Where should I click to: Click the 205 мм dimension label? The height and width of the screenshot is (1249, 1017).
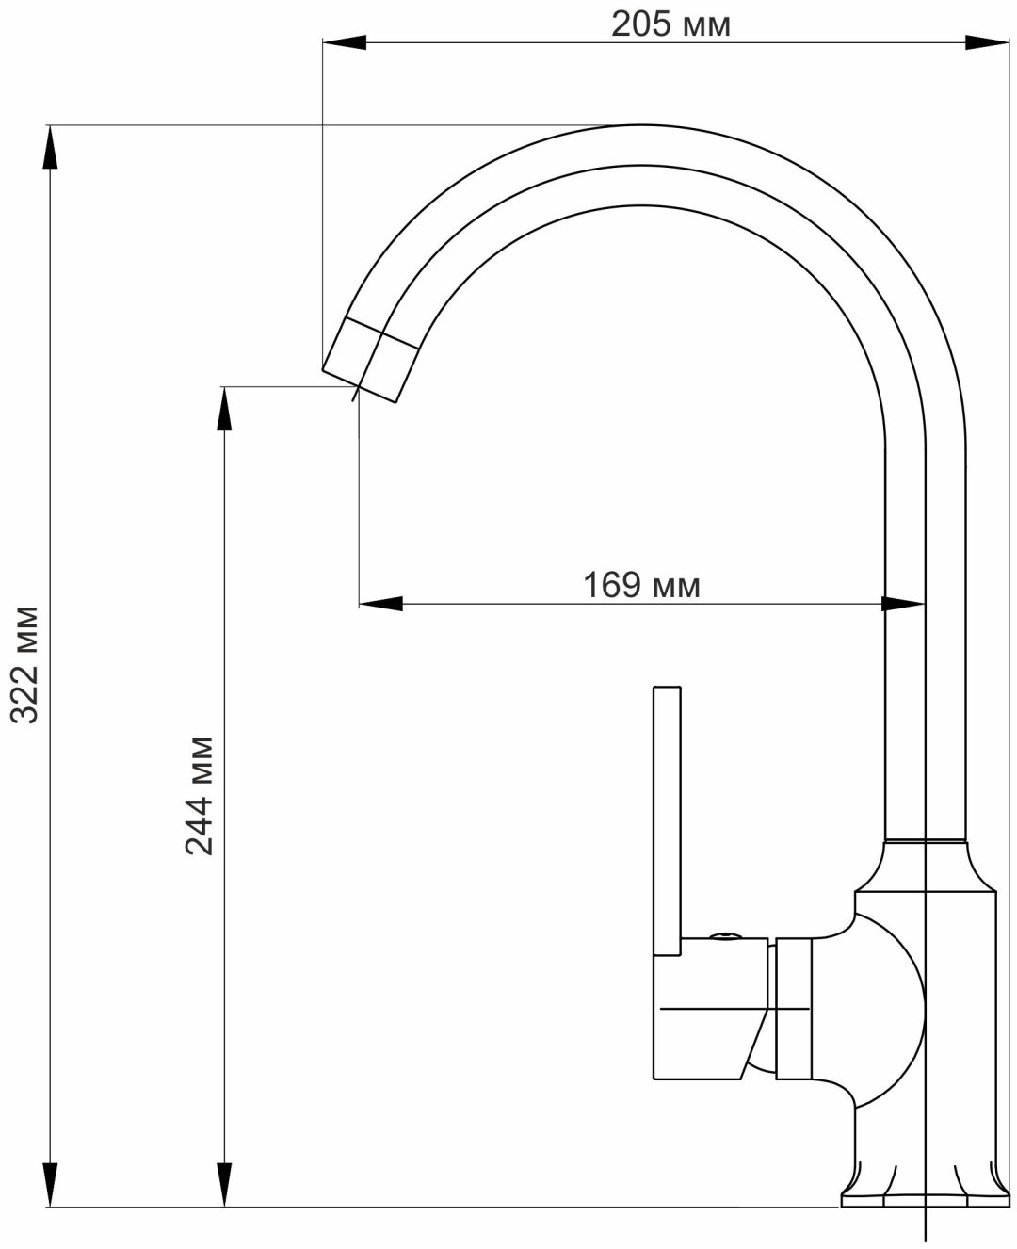pos(671,25)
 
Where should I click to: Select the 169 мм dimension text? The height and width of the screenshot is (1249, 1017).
pos(642,585)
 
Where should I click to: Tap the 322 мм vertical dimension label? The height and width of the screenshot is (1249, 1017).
pos(25,665)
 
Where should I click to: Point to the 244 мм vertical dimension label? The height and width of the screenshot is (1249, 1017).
pos(200,796)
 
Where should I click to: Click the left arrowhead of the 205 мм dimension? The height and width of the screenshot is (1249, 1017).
pos(345,42)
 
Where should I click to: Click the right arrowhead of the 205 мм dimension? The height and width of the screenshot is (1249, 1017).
pos(987,42)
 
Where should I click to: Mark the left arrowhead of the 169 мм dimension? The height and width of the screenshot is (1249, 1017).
pos(381,604)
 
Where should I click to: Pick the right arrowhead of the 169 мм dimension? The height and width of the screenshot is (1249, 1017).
pos(903,604)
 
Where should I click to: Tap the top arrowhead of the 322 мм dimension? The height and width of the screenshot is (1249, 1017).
pos(51,147)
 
